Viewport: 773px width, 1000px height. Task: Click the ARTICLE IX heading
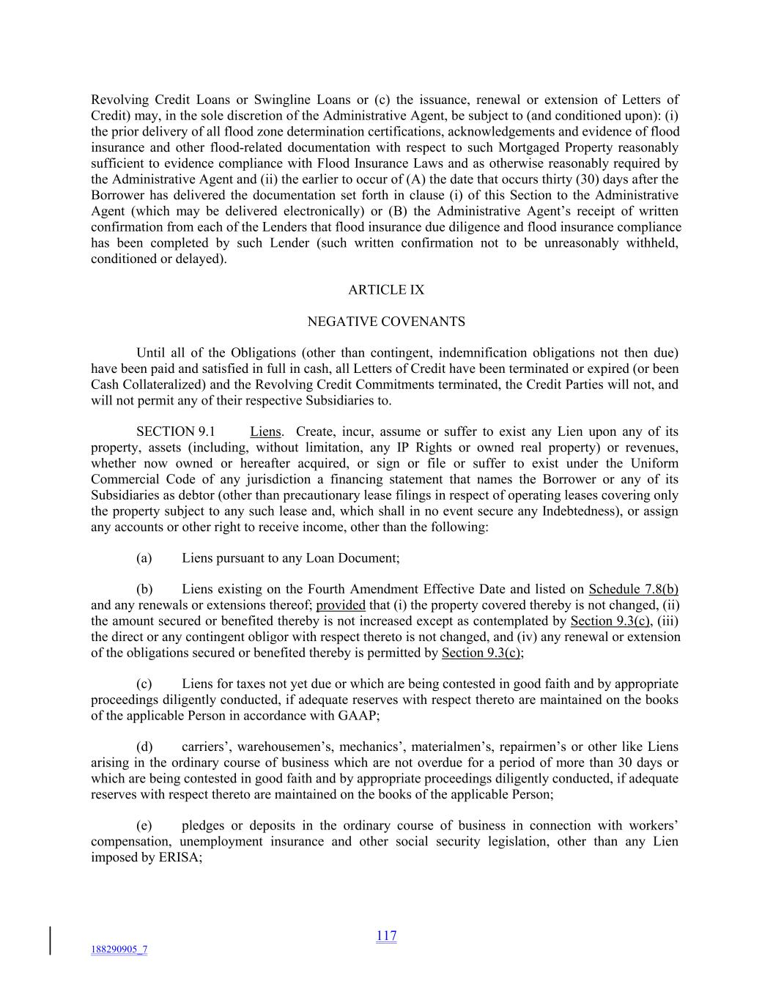coord(385,290)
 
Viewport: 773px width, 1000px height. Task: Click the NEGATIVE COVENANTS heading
coord(385,322)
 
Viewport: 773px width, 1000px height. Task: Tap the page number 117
coord(386,936)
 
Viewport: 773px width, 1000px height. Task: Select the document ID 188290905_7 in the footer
coord(119,949)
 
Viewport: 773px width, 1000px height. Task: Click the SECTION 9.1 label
coord(175,432)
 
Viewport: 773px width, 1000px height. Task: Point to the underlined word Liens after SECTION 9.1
coord(266,432)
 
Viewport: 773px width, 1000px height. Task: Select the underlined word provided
coord(341,605)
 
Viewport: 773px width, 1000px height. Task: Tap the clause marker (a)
coord(144,558)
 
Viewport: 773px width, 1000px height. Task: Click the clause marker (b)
coord(144,589)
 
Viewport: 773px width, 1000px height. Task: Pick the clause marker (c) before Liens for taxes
coord(144,684)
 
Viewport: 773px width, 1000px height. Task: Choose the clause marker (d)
coord(144,747)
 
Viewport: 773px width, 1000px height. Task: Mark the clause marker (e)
coord(144,826)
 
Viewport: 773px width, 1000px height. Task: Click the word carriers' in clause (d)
coord(206,747)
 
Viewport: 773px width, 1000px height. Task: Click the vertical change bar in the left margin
coord(51,941)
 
